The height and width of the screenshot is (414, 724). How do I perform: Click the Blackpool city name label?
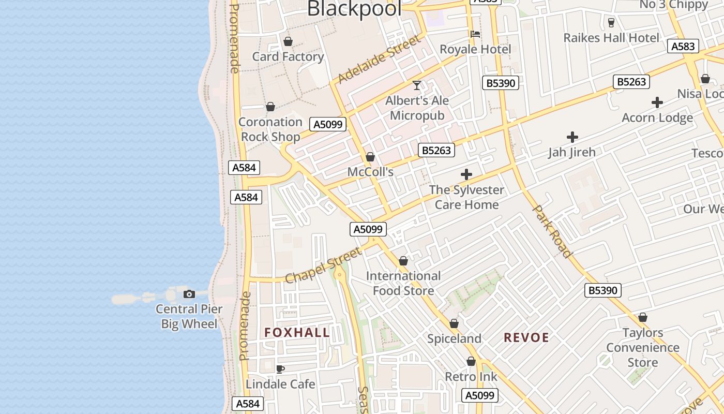coord(354,8)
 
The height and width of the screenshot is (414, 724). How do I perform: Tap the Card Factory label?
coord(288,56)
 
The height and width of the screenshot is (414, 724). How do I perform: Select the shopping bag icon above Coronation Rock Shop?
coord(270,107)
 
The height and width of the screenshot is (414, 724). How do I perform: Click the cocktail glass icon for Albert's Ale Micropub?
coord(417,85)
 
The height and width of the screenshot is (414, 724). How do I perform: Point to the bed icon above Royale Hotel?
coord(475,34)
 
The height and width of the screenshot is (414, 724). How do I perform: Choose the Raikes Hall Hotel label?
coord(611,38)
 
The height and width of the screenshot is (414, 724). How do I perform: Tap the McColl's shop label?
coord(370,172)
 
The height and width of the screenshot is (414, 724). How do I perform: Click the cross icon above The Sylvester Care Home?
coord(466,175)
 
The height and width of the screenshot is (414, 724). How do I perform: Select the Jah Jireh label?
coord(572,152)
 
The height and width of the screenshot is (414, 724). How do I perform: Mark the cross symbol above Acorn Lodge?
coord(657,102)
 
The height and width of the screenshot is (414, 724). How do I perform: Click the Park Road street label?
coord(552,231)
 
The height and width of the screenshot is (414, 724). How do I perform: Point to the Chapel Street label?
coord(323,265)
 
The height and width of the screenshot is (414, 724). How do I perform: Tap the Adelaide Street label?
coord(379,60)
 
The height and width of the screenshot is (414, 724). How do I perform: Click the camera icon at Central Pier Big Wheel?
coord(189,294)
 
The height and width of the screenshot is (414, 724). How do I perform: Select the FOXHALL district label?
coord(297,333)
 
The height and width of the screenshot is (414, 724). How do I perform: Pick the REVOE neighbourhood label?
coord(526,338)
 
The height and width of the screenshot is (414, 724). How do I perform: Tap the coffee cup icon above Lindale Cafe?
coord(280,369)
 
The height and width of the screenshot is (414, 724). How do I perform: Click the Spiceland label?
coord(454,339)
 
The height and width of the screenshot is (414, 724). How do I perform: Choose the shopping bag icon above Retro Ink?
coord(471,361)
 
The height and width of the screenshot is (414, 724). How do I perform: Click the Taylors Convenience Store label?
coord(642,347)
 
